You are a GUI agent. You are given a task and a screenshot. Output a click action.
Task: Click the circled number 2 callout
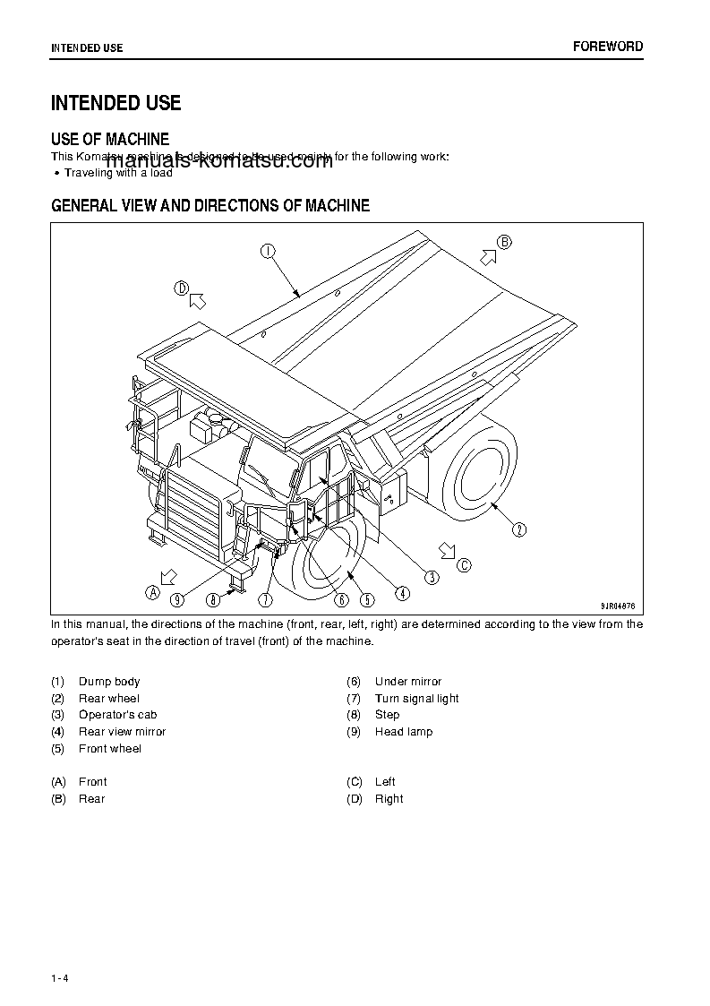pos(520,529)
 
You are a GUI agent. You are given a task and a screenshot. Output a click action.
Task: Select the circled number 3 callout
pos(432,578)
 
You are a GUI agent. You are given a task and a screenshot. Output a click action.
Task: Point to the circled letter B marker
pos(504,242)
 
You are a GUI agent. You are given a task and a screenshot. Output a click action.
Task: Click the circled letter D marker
pos(181,288)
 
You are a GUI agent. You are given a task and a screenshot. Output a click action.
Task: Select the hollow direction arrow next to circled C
pos(445,549)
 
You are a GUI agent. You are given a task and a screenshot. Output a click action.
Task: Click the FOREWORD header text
pos(608,47)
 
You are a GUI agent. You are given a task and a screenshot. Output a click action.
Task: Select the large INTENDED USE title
pos(115,103)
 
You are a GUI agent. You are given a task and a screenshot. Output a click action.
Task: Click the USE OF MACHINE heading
pos(110,139)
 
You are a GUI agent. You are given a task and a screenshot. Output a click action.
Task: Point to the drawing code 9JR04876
pos(616,605)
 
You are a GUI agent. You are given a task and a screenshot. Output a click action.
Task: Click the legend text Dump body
pos(109,682)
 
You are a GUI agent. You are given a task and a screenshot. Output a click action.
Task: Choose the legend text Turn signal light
pos(416,699)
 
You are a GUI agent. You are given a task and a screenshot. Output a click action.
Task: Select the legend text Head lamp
pos(403,732)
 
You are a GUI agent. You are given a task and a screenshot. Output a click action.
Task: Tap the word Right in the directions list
pos(389,799)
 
